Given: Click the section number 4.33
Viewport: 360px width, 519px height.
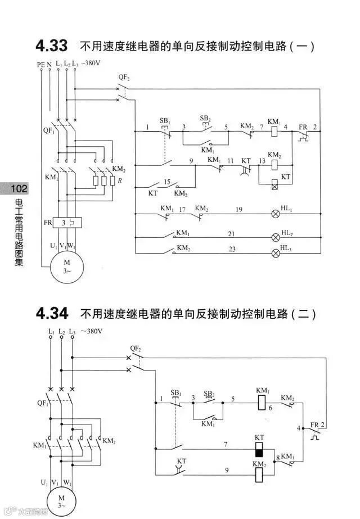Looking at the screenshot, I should tap(51, 45).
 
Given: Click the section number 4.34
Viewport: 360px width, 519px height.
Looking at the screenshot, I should tap(51, 313).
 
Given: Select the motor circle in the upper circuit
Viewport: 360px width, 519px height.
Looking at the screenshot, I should tap(66, 266).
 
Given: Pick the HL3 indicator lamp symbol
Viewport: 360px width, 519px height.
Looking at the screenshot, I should tap(276, 253).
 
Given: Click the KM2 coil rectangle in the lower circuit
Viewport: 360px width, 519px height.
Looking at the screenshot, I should tap(259, 475).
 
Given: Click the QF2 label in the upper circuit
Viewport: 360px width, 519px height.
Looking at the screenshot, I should tap(124, 76).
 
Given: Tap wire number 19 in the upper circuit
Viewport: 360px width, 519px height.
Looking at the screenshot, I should tap(238, 209).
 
